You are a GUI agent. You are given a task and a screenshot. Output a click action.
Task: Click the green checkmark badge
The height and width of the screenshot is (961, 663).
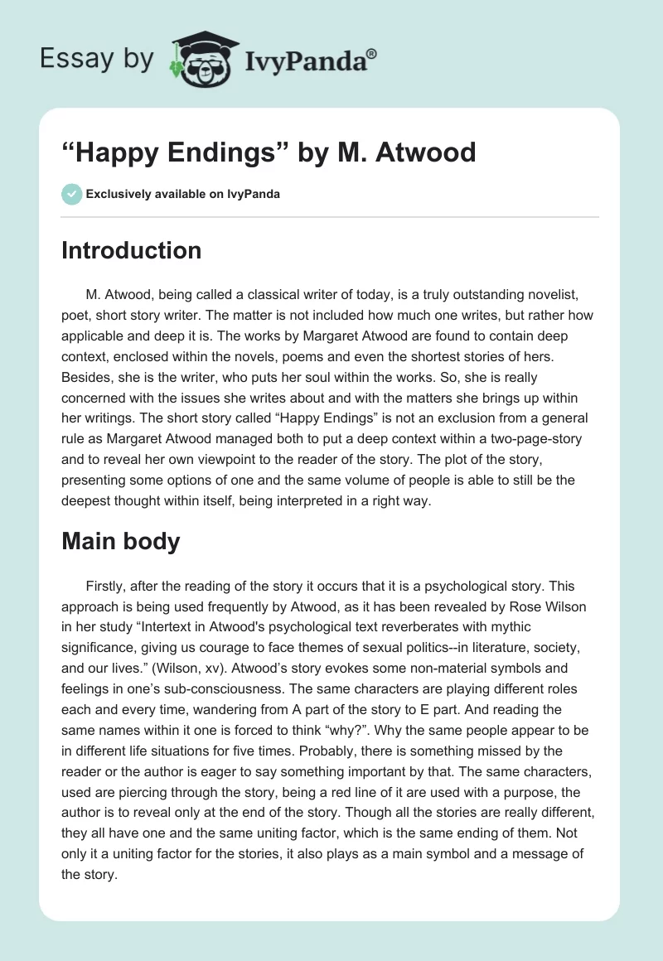coord(71,194)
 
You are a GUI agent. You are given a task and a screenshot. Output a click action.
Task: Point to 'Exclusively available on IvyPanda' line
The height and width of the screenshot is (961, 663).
coord(182,194)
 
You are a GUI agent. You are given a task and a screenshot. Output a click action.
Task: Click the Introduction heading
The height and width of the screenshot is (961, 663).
coord(131,250)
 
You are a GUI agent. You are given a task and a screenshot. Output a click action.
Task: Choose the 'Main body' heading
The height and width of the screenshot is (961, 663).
coord(121,541)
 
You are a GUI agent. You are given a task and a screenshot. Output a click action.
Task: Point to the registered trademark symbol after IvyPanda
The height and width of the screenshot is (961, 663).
coord(372,52)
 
